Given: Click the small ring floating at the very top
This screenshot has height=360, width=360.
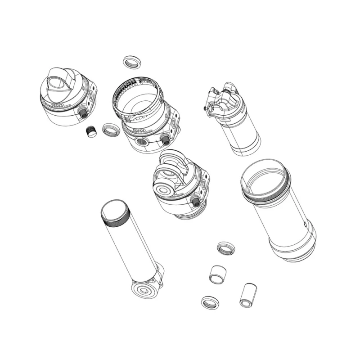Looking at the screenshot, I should point(131,62).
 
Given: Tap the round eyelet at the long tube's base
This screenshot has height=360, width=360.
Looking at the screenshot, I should point(144,289).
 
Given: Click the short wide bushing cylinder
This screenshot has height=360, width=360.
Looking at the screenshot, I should point(218,273).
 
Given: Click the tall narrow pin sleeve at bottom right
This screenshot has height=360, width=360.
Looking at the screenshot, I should point(248,295).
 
